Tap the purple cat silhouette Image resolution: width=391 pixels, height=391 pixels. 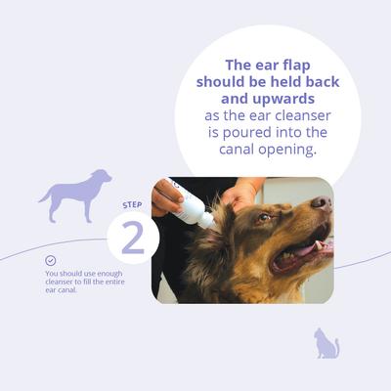(x=326, y=343)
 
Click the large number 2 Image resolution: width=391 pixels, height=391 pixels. (x=132, y=238)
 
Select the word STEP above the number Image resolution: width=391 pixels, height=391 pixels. (x=132, y=205)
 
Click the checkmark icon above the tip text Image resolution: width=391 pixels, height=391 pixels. (x=50, y=261)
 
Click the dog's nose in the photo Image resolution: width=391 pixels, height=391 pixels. (x=322, y=203)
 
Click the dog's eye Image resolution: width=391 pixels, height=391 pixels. (x=262, y=218)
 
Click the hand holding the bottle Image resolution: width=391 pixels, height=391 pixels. (x=166, y=197)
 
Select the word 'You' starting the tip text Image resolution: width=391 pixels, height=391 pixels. (x=53, y=274)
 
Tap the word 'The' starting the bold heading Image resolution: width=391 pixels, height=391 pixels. (x=241, y=64)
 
